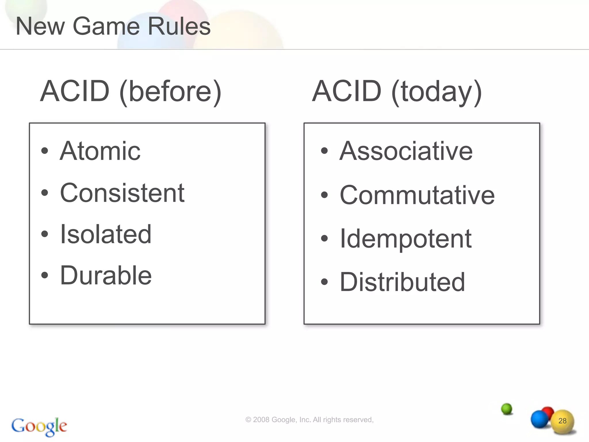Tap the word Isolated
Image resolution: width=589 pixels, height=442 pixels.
coord(106,234)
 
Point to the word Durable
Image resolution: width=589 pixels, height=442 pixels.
coord(106,276)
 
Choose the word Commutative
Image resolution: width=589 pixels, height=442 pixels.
coord(417,195)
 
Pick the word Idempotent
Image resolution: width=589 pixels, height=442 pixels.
coord(406,239)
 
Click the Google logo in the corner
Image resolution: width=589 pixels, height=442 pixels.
coord(39,426)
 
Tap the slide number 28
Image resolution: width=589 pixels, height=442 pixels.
coord(562,421)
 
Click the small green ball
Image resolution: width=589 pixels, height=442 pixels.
coord(506,409)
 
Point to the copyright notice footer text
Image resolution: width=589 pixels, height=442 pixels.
coord(309,420)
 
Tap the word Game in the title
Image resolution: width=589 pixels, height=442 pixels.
coord(106,26)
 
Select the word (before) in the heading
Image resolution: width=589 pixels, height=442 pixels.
coord(170,92)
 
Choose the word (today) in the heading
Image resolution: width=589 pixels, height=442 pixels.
coord(437,92)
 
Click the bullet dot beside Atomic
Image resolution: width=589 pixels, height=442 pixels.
coord(45,151)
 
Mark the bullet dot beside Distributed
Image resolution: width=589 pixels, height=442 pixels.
coord(324,282)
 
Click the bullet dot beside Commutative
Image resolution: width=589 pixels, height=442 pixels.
coord(324,195)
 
